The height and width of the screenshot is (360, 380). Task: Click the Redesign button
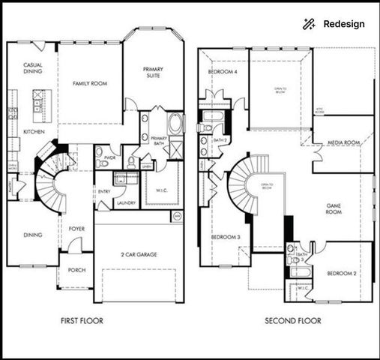click(335, 24)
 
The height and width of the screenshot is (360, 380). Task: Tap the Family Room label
click(88, 83)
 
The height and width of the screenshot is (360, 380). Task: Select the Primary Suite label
click(153, 73)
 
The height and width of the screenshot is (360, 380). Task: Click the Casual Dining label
click(32, 69)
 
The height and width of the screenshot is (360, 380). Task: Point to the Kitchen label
click(33, 132)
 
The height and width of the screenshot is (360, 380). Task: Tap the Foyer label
click(76, 228)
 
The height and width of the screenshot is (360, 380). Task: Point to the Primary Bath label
click(160, 141)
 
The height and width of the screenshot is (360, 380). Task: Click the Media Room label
click(343, 142)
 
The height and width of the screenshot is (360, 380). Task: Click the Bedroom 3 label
click(226, 238)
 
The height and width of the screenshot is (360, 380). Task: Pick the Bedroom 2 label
click(342, 274)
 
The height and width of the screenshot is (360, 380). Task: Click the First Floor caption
click(82, 321)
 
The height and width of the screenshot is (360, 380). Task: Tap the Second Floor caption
click(292, 321)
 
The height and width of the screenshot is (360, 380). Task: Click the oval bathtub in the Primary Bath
click(175, 124)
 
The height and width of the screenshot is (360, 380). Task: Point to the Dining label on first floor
click(32, 235)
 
